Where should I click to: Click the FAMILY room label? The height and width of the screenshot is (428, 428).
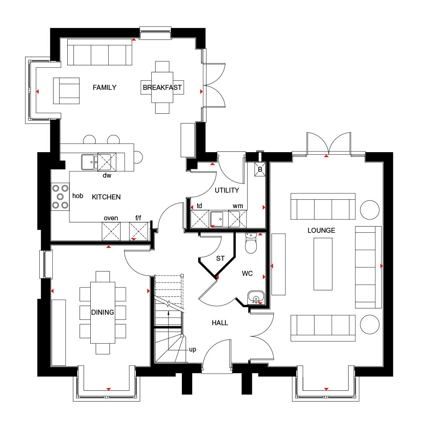pos(104,87)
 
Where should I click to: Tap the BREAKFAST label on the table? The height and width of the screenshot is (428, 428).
pos(162,87)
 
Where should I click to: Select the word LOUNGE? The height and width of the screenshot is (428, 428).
pos(321,230)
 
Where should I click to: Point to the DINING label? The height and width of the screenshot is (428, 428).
pos(103,312)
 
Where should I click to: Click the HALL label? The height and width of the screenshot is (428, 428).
pos(220,323)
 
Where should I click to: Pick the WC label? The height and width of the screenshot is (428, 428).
pos(247,273)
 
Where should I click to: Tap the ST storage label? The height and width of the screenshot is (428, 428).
pos(220,258)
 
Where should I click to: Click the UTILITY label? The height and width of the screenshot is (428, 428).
pos(227,190)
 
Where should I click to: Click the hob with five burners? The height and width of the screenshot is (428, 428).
pos(60,196)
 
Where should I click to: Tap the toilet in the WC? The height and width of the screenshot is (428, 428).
pos(251,243)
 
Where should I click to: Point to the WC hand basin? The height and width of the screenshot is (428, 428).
pos(256,298)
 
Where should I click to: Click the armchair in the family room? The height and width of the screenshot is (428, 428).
pos(66,91)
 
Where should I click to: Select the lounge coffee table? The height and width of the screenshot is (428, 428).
pos(323,264)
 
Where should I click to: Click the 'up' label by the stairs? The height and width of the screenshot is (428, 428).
pos(193,350)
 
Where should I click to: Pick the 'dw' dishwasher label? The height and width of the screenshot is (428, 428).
pos(107,175)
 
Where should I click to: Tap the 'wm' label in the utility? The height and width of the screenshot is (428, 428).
pos(238,206)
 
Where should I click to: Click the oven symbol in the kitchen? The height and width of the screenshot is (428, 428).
pos(111,231)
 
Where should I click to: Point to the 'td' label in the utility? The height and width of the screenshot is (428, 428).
pos(199,206)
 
